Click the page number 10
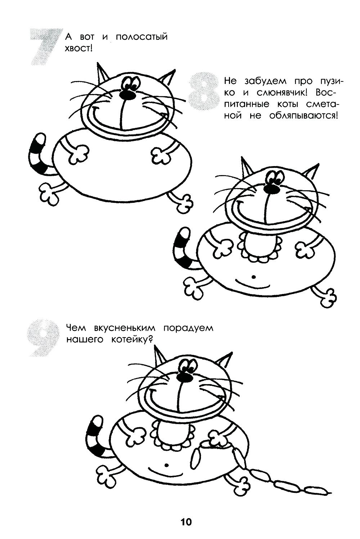186,521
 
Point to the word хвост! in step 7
78,49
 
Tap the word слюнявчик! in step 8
283,93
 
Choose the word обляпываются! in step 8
303,116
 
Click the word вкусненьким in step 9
125,328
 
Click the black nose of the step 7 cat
129,95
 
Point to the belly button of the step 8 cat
253,277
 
